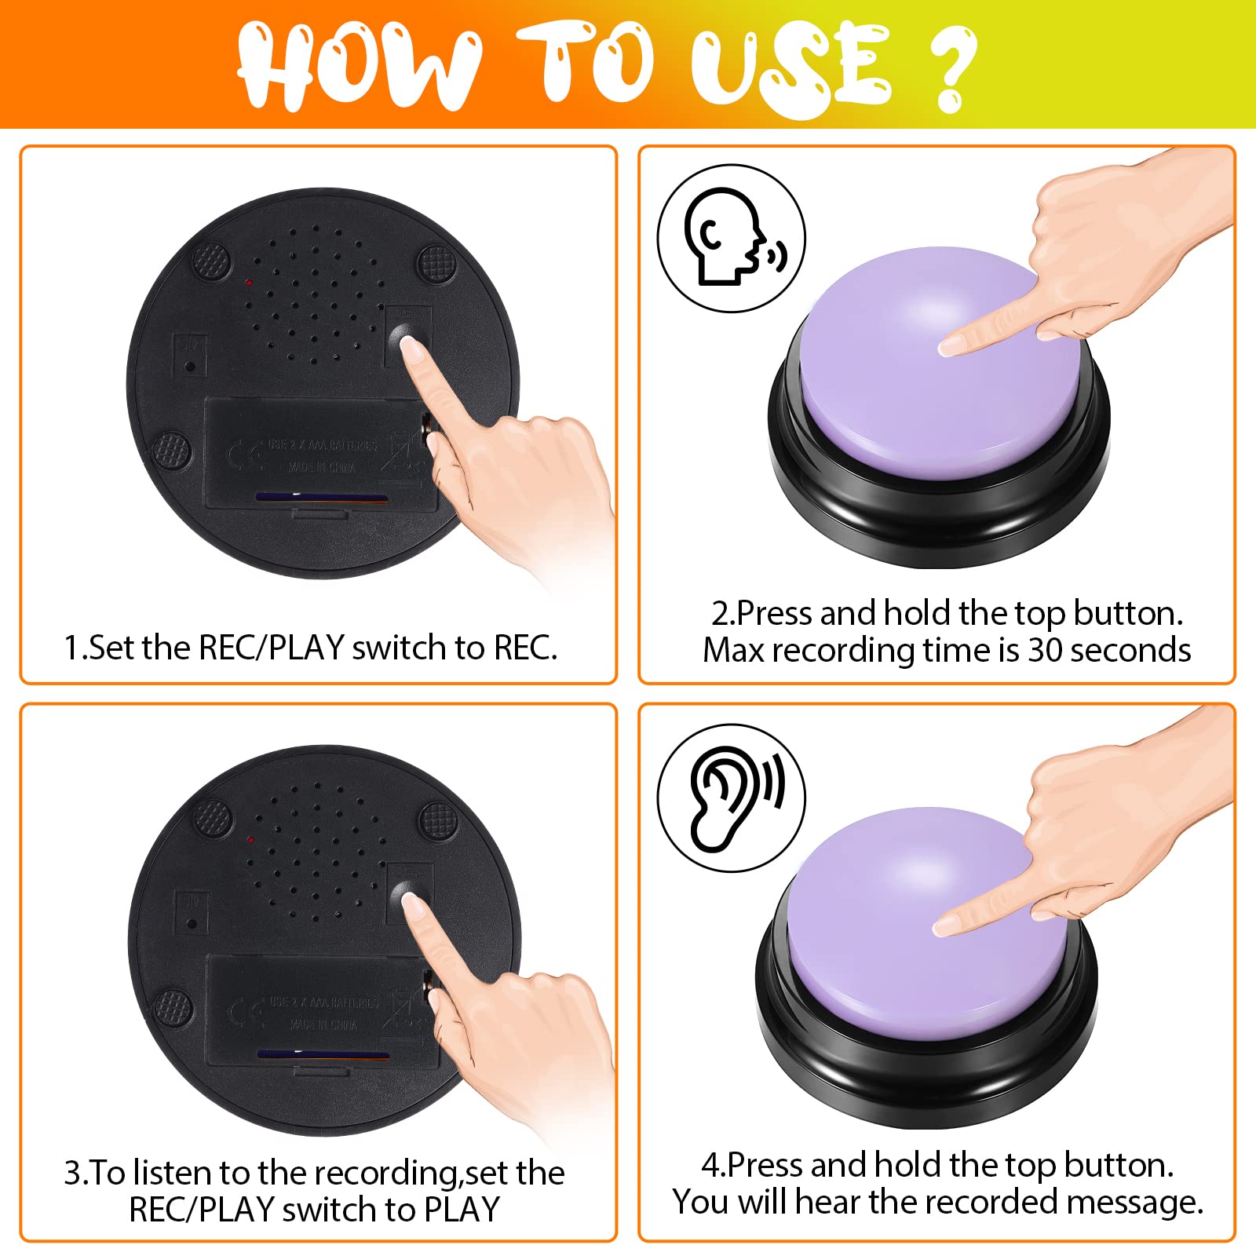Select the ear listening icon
tap(730, 798)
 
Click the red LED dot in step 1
tap(248, 282)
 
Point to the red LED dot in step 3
tap(250, 840)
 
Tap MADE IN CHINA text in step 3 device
tap(322, 1024)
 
